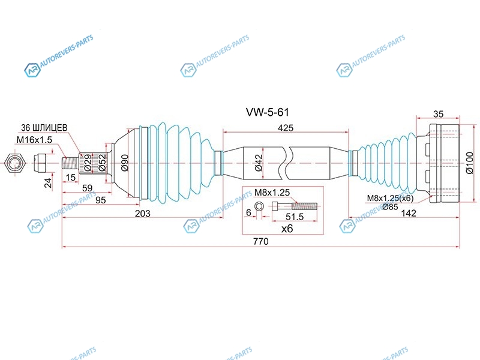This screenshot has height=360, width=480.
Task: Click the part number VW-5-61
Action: (267, 112)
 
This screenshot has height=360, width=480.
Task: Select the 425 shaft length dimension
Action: (286, 128)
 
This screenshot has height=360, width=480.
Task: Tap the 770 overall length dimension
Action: (261, 242)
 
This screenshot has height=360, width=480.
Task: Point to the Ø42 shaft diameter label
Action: (259, 163)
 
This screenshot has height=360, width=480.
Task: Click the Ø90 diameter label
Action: (125, 163)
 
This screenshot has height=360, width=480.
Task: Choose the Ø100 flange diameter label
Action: (469, 163)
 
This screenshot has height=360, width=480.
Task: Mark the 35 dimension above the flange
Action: (438, 114)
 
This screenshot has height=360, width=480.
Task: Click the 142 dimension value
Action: (409, 213)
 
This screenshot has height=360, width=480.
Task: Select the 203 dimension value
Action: (143, 214)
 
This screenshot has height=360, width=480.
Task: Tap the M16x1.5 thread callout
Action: (34, 140)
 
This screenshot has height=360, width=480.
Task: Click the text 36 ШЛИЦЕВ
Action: (44, 127)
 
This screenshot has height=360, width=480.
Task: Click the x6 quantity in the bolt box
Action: (287, 229)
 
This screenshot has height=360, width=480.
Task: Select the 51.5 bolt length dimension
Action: (295, 217)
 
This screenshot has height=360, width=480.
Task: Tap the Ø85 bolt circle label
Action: (391, 207)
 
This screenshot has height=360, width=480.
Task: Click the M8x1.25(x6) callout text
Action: (390, 198)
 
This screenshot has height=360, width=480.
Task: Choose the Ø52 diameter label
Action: (102, 163)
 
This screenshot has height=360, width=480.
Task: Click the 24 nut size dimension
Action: (48, 183)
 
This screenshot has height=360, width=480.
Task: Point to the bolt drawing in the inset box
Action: (295, 206)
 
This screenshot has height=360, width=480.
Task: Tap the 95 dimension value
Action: (100, 200)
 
